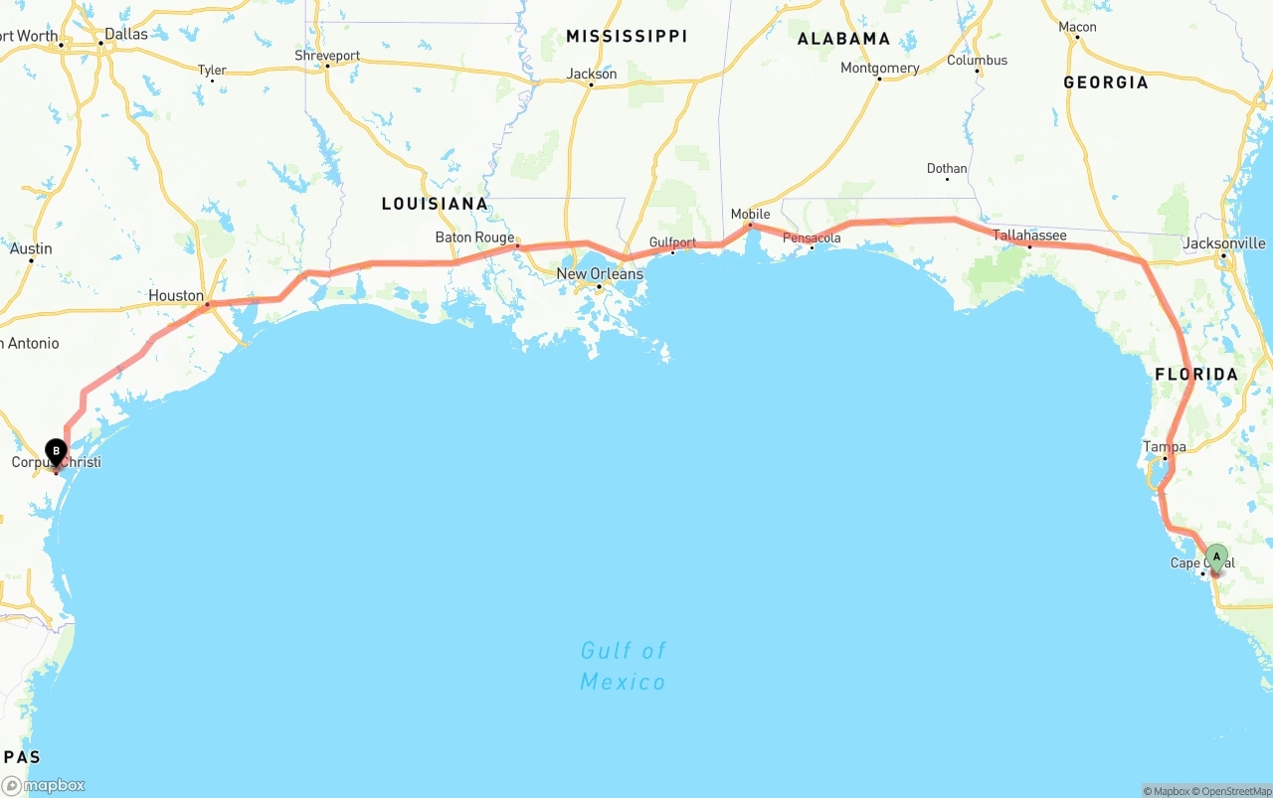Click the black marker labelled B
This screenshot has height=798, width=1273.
coord(57,452)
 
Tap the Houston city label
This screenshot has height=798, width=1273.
coord(176,295)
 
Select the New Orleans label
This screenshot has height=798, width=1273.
coord(600,273)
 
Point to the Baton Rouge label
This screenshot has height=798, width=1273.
coord(474,238)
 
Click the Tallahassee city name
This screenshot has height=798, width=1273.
coord(1029,236)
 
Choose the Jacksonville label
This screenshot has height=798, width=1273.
coord(1224,243)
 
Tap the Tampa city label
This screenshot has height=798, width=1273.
coord(1165,446)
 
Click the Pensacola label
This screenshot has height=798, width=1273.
coord(812,239)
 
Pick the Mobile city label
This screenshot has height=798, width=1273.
coord(750,214)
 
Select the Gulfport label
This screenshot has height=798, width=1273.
coord(672,241)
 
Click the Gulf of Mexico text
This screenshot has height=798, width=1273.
coord(623,666)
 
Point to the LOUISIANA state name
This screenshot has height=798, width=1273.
coord(435,204)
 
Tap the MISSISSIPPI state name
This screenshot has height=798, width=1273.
coord(627,36)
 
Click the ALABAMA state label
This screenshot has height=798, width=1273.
coord(843,39)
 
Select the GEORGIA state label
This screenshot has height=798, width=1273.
coord(1105,82)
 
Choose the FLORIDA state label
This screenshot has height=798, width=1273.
coord(1196,375)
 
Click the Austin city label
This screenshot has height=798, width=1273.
coord(31,248)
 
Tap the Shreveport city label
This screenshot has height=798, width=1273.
coord(327,56)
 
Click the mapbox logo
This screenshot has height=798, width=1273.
coord(44,785)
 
